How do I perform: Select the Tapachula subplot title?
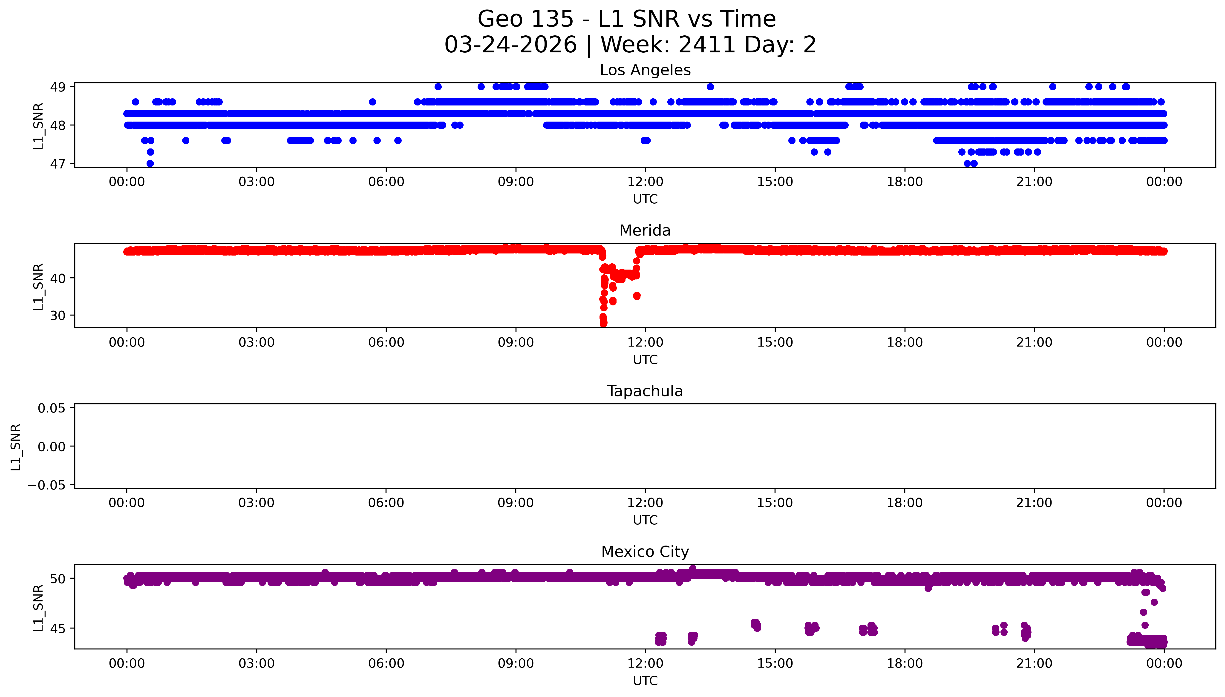645,391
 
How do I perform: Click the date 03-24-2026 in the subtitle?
510,45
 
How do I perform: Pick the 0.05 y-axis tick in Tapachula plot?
52,408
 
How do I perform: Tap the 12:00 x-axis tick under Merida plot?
645,342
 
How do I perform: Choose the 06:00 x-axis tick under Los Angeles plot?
386,182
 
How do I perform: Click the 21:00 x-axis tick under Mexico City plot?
1034,663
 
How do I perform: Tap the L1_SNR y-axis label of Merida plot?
38,286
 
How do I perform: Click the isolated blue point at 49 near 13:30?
710,87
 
